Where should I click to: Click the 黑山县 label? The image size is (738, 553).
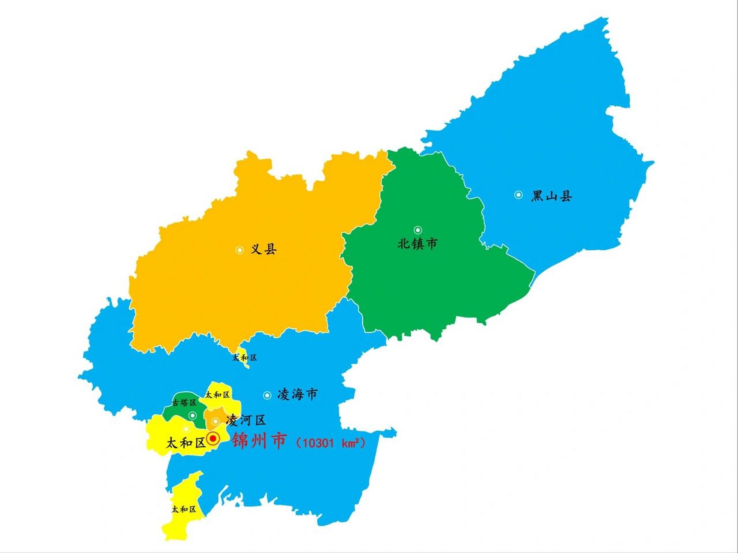point(551,196)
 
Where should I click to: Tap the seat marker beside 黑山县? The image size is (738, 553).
point(518,195)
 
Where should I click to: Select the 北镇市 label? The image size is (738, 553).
point(417,244)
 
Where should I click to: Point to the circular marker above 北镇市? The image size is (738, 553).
point(418,230)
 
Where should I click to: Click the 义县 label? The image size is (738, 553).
point(263,249)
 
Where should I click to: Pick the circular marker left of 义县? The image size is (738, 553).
point(240,250)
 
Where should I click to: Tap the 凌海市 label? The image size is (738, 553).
point(297,394)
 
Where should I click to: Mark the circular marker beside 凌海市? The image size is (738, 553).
point(267,395)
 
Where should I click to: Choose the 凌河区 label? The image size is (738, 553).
point(246,420)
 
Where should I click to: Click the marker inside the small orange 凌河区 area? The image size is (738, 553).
point(215,421)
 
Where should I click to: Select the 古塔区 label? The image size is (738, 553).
point(184,403)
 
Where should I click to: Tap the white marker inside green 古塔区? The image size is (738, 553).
point(193,416)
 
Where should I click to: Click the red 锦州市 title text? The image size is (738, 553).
point(259,441)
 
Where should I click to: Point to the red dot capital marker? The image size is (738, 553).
point(213,439)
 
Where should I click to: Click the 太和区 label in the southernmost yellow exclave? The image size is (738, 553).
point(184,509)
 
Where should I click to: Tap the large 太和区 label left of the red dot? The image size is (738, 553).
point(186,443)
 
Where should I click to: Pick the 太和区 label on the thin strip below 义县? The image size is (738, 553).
point(245,358)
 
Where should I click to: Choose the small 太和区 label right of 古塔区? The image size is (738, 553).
point(217,394)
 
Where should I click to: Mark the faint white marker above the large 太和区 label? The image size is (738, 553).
point(186,429)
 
